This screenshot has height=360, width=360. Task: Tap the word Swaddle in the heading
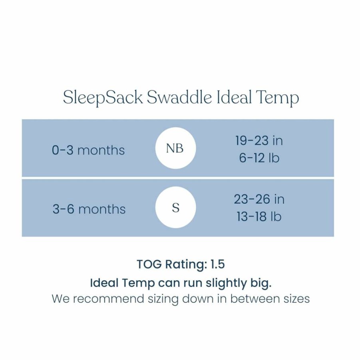point(179,97)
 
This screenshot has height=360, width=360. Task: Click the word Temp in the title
point(277,98)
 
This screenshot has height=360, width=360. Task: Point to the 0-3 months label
point(88,150)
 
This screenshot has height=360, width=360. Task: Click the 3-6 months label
point(89,209)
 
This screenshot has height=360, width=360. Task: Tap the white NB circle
point(176,148)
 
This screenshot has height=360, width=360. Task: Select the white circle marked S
point(176,207)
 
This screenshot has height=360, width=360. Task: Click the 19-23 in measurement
point(259,140)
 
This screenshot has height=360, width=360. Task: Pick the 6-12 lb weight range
point(259,158)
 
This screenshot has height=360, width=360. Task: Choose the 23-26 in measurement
point(259,199)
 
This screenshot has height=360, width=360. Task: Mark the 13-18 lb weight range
point(259,216)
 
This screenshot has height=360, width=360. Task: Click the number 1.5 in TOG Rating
point(217,264)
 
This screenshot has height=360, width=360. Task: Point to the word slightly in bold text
point(226,283)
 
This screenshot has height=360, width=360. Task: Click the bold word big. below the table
point(261,283)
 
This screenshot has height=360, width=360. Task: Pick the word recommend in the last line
point(108,299)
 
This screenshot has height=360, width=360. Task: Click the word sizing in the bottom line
point(163,300)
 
